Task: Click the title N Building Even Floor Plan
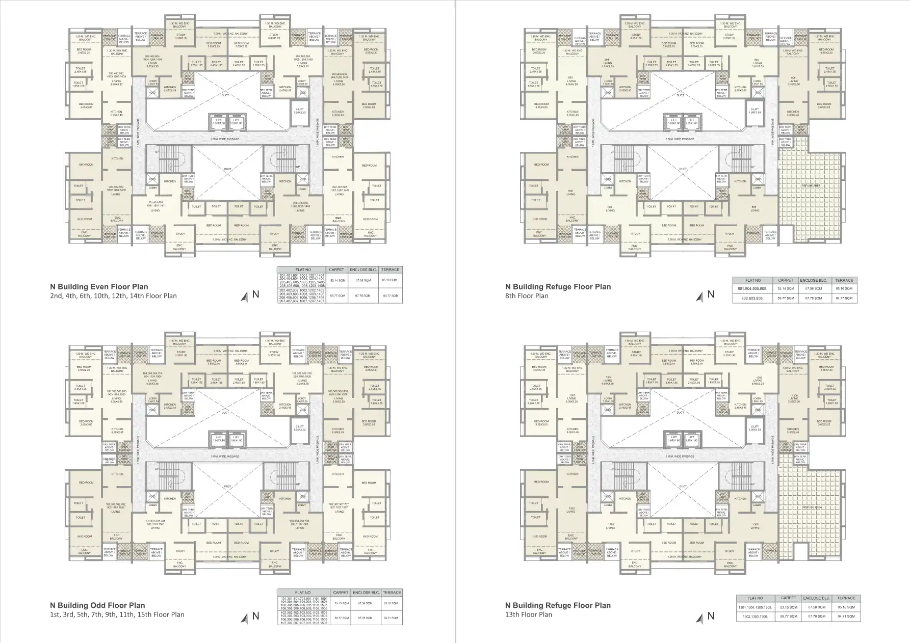click(99, 287)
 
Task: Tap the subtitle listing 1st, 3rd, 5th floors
click(117, 614)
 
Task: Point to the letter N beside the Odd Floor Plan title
click(256, 615)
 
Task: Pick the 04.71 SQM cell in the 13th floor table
click(846, 616)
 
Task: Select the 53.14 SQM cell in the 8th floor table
click(786, 289)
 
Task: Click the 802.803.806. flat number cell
click(753, 298)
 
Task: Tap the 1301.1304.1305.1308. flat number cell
click(755, 607)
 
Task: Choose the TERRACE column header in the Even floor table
click(391, 270)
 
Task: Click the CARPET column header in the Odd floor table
click(341, 593)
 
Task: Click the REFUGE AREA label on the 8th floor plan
click(811, 186)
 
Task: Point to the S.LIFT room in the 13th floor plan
click(755, 428)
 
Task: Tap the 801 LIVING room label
click(610, 209)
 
